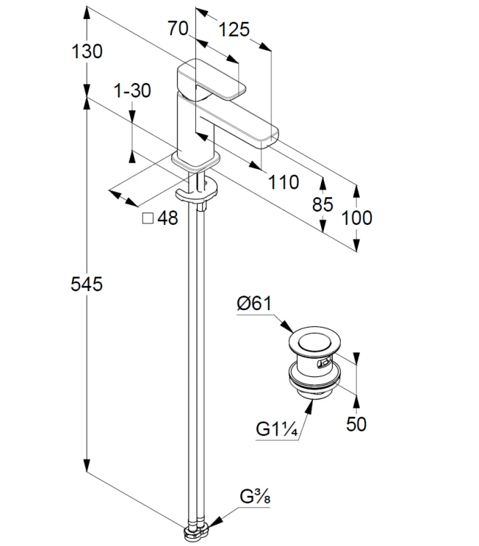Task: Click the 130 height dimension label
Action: [87, 51]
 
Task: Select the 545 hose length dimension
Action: [87, 284]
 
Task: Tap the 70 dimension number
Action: [178, 28]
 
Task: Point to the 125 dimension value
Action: [234, 29]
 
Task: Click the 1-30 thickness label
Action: [132, 90]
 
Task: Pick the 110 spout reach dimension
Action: [283, 182]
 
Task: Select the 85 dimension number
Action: [322, 204]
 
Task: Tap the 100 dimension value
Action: [357, 218]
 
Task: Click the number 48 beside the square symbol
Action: [167, 218]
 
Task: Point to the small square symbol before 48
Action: [148, 218]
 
